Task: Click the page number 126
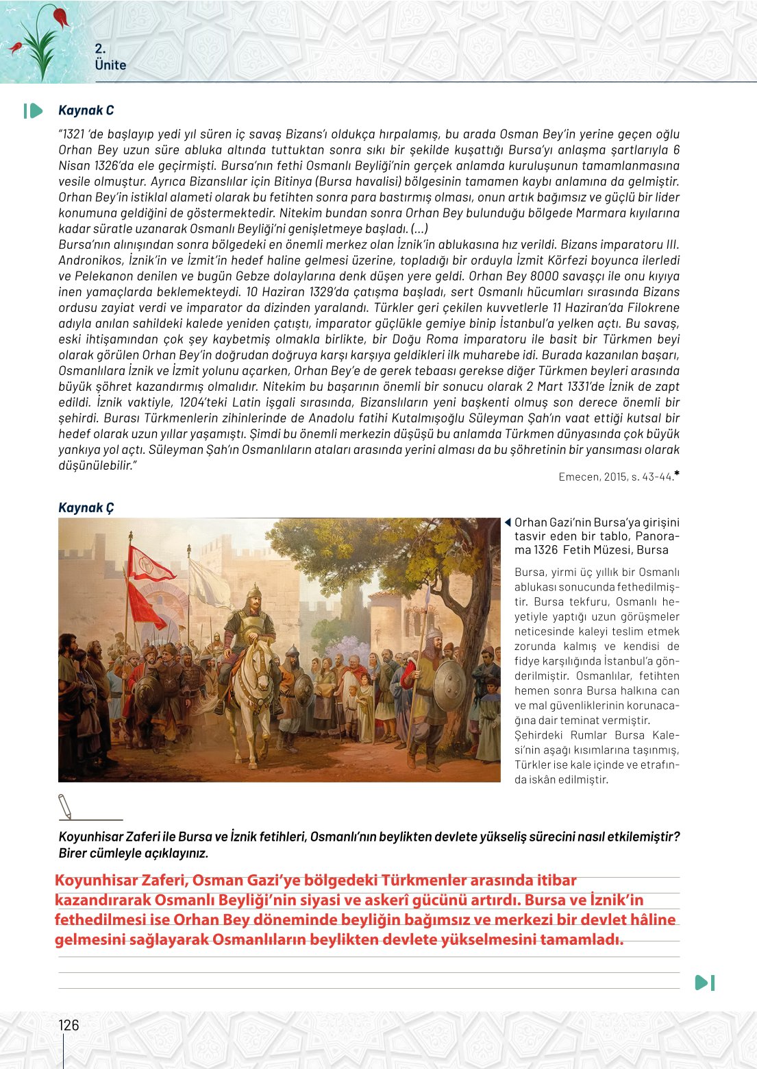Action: point(69,1025)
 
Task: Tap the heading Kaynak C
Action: point(86,110)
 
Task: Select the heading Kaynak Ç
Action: point(86,507)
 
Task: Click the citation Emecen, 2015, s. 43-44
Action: point(616,477)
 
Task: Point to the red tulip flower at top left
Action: point(60,16)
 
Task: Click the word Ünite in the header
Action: point(110,65)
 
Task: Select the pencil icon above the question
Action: point(65,806)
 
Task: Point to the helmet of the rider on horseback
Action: point(256,592)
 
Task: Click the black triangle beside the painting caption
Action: point(508,523)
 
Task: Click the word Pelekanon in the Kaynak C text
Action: point(107,276)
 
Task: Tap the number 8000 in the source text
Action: point(544,276)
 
